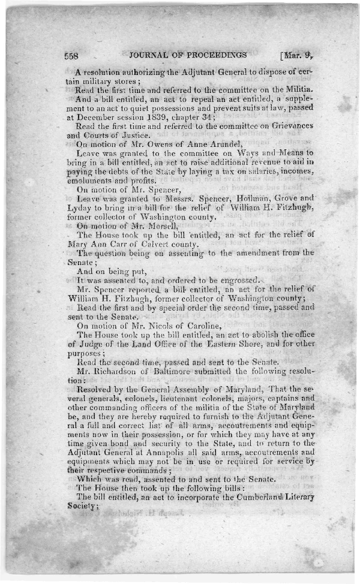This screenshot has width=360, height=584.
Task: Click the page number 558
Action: click(73, 55)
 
